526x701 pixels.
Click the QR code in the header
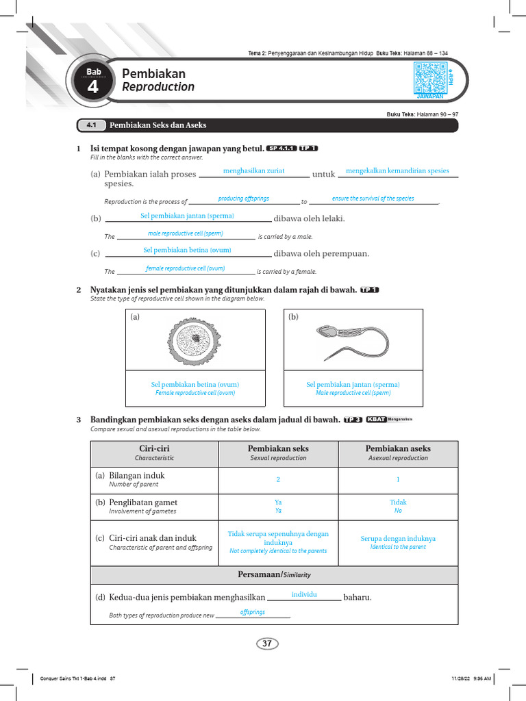tap(429, 77)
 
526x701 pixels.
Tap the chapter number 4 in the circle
tap(92, 88)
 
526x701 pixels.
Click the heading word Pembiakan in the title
tap(153, 73)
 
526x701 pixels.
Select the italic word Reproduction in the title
tap(158, 87)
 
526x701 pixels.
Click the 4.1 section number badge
tap(91, 125)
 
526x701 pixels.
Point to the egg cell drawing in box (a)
tap(195, 339)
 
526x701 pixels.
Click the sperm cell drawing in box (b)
tap(353, 339)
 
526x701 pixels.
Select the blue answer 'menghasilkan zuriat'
tap(254, 170)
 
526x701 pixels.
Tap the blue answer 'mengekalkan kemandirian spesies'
tap(398, 170)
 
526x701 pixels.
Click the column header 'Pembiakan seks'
tap(278, 448)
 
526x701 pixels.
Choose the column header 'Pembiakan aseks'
tap(398, 448)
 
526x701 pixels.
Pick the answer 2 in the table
tap(278, 480)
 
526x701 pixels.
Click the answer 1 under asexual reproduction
tap(398, 480)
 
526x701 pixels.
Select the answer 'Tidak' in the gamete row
tap(398, 502)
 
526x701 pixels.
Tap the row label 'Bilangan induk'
tap(137, 475)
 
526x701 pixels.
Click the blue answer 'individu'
tap(304, 595)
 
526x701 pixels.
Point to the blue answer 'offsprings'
tap(253, 612)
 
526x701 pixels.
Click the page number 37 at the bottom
tap(267, 643)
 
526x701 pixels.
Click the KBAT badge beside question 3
tap(376, 420)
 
